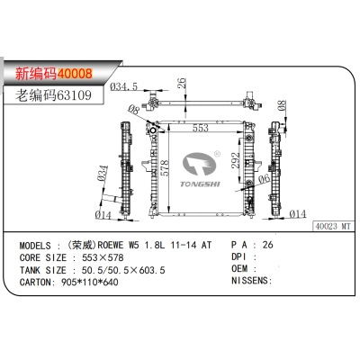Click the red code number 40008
pyautogui.click(x=75, y=73)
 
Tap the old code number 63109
pyautogui.click(x=74, y=95)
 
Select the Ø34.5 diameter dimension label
pyautogui.click(x=123, y=86)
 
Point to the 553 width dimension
pyautogui.click(x=201, y=128)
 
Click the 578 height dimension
pyautogui.click(x=165, y=168)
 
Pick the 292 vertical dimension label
pyautogui.click(x=236, y=160)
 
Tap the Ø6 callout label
pyautogui.click(x=264, y=179)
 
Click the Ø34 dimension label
pyautogui.click(x=103, y=173)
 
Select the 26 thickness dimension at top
pyautogui.click(x=182, y=83)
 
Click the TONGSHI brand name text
pyautogui.click(x=200, y=184)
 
